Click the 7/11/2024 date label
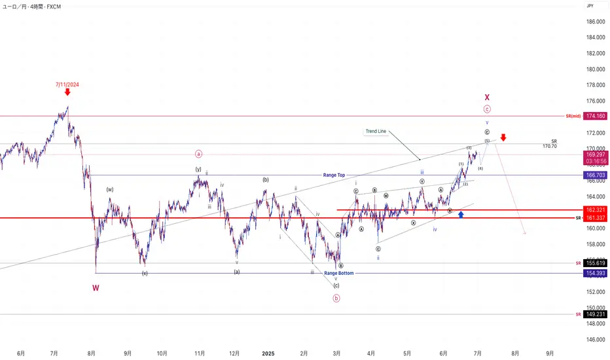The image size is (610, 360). point(67,84)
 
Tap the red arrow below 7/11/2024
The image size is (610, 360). point(67,93)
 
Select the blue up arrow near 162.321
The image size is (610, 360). point(461,214)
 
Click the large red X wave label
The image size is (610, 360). point(487,97)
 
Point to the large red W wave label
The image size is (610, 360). point(96,287)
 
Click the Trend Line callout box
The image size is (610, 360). point(376,132)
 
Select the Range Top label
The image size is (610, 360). point(334,175)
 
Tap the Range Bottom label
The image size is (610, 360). point(338,273)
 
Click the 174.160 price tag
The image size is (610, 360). point(594,116)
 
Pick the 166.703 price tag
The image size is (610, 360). point(594,175)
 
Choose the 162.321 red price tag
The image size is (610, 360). point(594,210)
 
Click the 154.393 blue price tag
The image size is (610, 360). point(594,273)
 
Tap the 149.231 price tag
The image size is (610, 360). point(594,314)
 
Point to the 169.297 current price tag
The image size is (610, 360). point(594,155)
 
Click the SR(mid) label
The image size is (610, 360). point(573,116)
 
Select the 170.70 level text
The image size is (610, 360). point(549,146)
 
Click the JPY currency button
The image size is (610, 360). point(590,6)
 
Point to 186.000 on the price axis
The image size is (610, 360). point(595,22)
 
